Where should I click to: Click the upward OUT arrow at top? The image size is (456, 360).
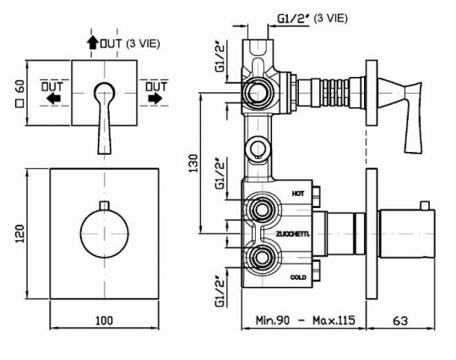93,42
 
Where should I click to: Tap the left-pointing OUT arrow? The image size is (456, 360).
53,99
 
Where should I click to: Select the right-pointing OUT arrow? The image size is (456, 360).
155,99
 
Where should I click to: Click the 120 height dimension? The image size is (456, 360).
19,234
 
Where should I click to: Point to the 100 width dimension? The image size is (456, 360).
104,320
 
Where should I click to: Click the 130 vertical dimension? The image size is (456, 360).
193,163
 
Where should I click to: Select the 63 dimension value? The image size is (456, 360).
400,320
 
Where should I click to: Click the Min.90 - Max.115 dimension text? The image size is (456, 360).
305,320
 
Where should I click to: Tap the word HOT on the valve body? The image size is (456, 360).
298,194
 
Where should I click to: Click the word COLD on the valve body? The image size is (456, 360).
298,277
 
